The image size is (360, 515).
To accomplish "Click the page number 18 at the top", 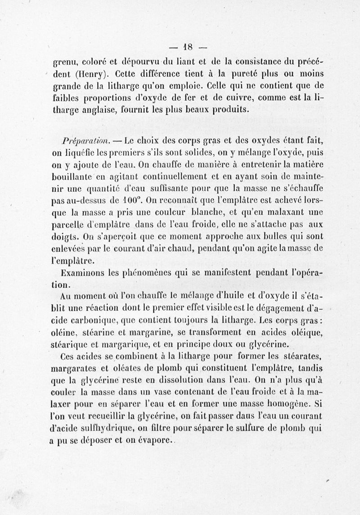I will [188, 46].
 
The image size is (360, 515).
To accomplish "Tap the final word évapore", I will [153, 442].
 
